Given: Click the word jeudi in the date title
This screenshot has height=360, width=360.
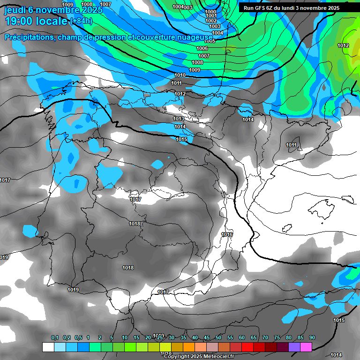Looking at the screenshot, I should point(15,9).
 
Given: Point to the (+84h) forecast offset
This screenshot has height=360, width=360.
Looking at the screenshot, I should point(81,21).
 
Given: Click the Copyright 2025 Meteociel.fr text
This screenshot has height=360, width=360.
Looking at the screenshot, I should point(199,357).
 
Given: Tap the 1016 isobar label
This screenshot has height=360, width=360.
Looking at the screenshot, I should point(227,234).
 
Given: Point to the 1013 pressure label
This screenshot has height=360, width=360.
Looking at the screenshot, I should point(179,119).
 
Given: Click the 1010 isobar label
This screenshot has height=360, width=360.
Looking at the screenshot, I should point(180,75).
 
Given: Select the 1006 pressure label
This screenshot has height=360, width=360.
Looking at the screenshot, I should point(202,48).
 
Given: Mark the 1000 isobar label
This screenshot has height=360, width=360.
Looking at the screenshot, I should point(211,12).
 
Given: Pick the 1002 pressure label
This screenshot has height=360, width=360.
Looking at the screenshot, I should point(211,21).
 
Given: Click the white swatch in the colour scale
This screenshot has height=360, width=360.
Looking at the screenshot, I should point(48,347).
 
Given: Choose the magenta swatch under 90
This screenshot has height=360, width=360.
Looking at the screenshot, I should point(306,347).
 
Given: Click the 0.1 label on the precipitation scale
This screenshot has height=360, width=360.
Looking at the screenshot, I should point(55,337).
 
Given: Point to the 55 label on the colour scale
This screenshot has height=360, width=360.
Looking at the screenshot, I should point(230,337).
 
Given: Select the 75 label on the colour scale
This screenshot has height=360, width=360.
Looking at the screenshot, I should point(277,337).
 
